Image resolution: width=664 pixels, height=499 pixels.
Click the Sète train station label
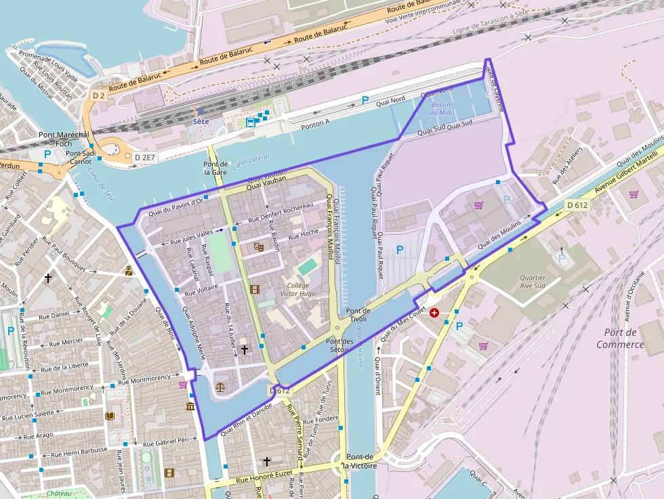click(x=201, y=121)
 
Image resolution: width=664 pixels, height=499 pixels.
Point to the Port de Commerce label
click(x=620, y=338)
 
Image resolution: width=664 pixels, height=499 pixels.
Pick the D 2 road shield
click(x=99, y=95)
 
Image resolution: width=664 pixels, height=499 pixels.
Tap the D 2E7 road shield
click(x=144, y=157)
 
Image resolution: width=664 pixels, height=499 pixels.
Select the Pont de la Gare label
click(x=215, y=169)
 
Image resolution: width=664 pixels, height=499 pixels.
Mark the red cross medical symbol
click(x=434, y=313)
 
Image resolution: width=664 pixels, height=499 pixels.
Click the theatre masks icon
click(x=258, y=247)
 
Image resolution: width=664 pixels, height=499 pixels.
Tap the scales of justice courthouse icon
click(x=220, y=389)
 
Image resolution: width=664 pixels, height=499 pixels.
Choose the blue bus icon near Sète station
click(x=251, y=123)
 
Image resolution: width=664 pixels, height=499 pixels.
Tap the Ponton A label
click(x=316, y=123)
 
